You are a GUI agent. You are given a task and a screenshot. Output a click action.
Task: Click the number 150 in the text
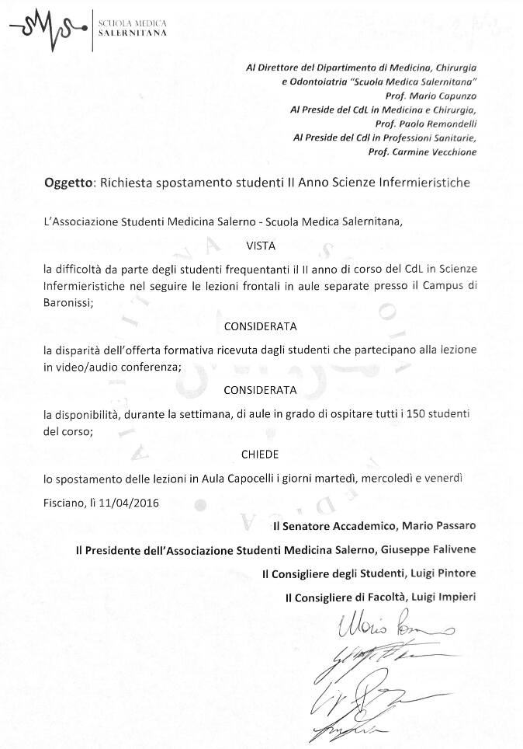[x=400, y=410]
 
